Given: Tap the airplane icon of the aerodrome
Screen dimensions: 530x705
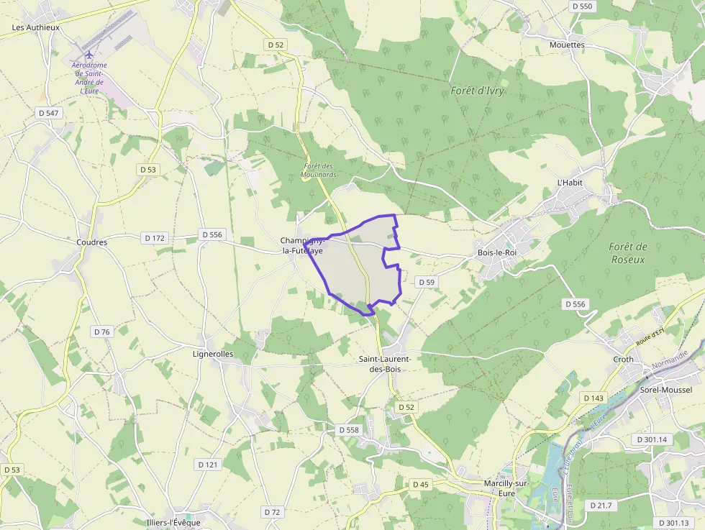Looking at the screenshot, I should pyautogui.click(x=89, y=55).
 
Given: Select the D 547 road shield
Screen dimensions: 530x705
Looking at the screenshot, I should pyautogui.click(x=49, y=113).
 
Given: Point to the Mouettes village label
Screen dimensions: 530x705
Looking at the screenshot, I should pyautogui.click(x=567, y=45).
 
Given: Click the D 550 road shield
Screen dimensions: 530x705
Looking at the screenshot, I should pyautogui.click(x=582, y=6).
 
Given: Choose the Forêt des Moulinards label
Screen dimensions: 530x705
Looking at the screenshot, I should pyautogui.click(x=319, y=170).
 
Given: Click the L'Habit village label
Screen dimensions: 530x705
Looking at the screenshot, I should pyautogui.click(x=570, y=183).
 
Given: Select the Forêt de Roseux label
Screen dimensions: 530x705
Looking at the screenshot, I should pyautogui.click(x=628, y=252).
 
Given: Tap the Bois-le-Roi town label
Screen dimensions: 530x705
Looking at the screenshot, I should pyautogui.click(x=497, y=252).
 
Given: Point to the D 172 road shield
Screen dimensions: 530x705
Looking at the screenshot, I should pyautogui.click(x=155, y=237).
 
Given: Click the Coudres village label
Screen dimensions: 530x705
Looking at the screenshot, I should pyautogui.click(x=91, y=242).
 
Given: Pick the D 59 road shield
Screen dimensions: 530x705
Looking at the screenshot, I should pyautogui.click(x=427, y=283).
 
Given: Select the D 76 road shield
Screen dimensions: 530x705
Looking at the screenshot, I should pyautogui.click(x=102, y=332).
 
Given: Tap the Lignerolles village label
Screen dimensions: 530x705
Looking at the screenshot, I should pyautogui.click(x=214, y=354).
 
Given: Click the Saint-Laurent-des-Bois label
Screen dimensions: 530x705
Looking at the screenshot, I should pyautogui.click(x=385, y=363).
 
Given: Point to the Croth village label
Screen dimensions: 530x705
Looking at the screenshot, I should pyautogui.click(x=624, y=359).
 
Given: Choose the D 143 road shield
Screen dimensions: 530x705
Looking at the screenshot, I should pyautogui.click(x=593, y=398).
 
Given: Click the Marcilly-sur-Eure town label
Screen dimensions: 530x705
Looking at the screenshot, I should pyautogui.click(x=506, y=488).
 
